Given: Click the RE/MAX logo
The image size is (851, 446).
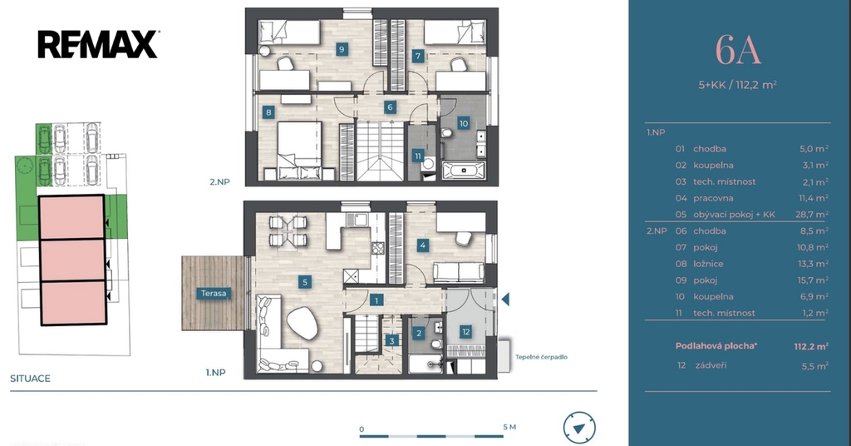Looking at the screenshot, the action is pyautogui.click(x=98, y=45).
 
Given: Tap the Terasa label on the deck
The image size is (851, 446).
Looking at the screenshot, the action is pyautogui.click(x=214, y=294).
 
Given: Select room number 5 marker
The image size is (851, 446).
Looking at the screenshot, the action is pyautogui.click(x=305, y=282).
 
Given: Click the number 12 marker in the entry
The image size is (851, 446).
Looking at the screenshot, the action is pyautogui.click(x=465, y=332).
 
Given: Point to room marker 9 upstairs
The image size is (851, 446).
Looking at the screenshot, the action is pyautogui.click(x=342, y=49).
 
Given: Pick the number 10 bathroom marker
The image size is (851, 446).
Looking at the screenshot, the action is pyautogui.click(x=464, y=123).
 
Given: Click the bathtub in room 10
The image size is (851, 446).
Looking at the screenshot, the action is pyautogui.click(x=464, y=171).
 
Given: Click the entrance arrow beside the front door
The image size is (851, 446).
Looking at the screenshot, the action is pyautogui.click(x=505, y=299).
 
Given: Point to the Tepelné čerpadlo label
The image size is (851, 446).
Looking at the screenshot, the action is pyautogui.click(x=541, y=357).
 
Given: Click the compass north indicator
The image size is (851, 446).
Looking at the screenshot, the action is pyautogui.click(x=579, y=428).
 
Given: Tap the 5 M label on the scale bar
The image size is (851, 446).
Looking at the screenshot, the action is pyautogui.click(x=509, y=427).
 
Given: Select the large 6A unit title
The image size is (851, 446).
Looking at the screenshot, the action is pyautogui.click(x=738, y=50).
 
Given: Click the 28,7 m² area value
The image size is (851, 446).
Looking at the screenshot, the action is pyautogui.click(x=812, y=214).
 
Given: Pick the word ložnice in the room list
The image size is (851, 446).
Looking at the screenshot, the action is pyautogui.click(x=708, y=264).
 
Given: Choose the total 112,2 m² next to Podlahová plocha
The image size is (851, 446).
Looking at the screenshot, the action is pyautogui.click(x=811, y=346).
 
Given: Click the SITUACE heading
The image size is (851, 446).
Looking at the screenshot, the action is pyautogui.click(x=31, y=379).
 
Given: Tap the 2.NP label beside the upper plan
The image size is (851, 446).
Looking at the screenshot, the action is pyautogui.click(x=219, y=182).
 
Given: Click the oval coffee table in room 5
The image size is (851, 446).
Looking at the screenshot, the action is pyautogui.click(x=303, y=323).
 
